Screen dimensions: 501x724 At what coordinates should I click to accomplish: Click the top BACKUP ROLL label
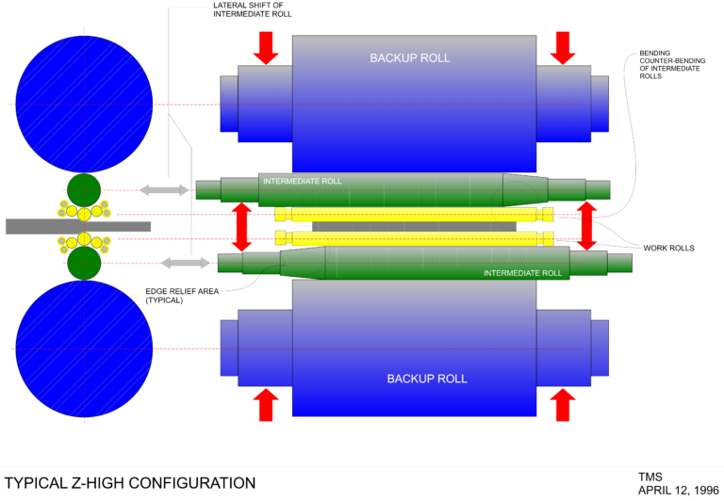point(409,58)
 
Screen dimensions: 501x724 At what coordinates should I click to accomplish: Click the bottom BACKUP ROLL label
point(427,379)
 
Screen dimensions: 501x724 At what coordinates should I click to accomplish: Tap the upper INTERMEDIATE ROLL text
point(302,181)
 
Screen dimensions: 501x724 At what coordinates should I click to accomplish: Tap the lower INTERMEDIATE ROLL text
point(522,273)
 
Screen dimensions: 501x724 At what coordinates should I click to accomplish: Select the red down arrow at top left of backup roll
point(266,47)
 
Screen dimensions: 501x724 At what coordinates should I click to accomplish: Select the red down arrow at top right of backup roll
point(563,47)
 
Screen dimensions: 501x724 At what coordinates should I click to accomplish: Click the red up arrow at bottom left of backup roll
point(266,405)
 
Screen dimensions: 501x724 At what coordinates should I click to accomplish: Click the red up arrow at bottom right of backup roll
point(563,405)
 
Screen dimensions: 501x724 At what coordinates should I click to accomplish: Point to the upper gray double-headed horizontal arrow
point(165,190)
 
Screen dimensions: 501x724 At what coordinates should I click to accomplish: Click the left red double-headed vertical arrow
point(242,226)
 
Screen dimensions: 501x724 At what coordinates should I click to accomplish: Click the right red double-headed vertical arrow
point(586,226)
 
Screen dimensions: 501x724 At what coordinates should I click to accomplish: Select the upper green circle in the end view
point(84,189)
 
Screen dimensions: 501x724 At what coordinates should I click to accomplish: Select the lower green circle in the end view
point(84,263)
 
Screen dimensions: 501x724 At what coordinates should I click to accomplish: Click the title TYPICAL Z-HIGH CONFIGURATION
point(130,483)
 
